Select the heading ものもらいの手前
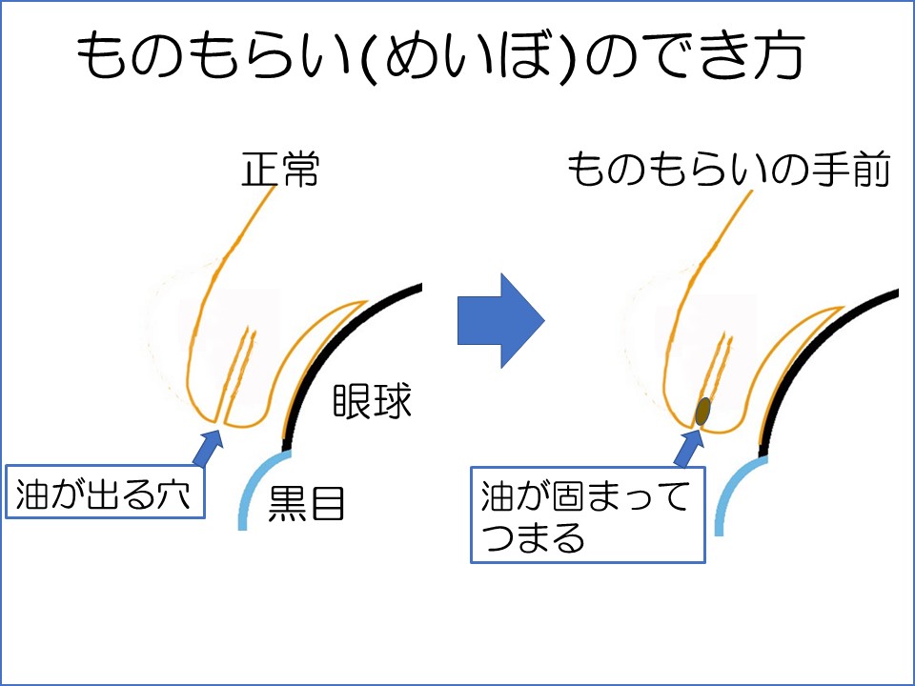tap(728, 171)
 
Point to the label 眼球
tap(372, 402)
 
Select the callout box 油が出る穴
tap(106, 492)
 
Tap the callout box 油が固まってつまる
tap(588, 514)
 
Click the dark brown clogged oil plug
tap(704, 411)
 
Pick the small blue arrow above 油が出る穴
tap(210, 445)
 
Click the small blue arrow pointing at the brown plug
tap(687, 446)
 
